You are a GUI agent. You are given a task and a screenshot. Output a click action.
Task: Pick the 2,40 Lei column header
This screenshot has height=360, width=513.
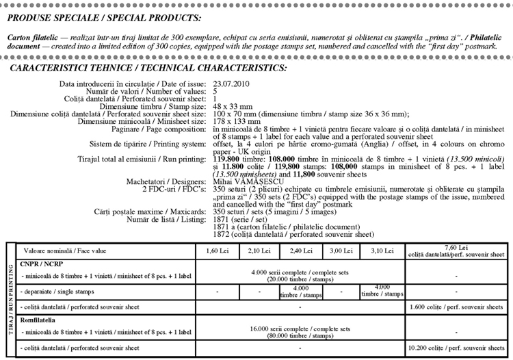point(302,251)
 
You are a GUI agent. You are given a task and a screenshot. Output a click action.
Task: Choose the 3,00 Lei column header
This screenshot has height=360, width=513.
point(340,251)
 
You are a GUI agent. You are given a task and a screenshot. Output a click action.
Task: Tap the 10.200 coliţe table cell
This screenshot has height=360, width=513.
point(456,349)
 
